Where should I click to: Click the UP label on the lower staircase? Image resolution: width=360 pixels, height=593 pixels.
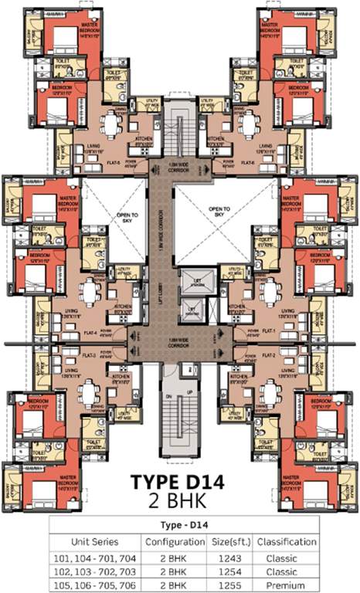tap(190, 392)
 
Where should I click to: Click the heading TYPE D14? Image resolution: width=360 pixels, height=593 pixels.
tap(179, 483)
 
